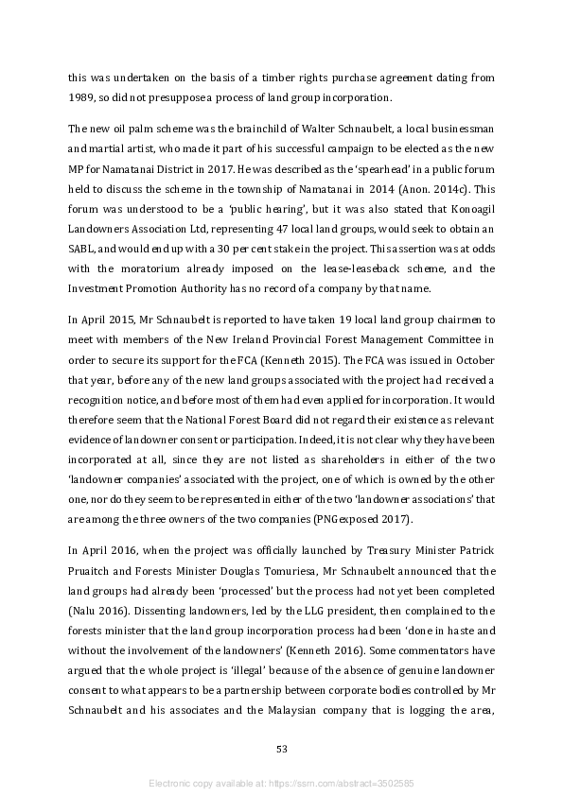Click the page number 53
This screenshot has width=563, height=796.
coord(281,749)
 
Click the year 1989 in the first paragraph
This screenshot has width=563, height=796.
coord(82,97)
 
